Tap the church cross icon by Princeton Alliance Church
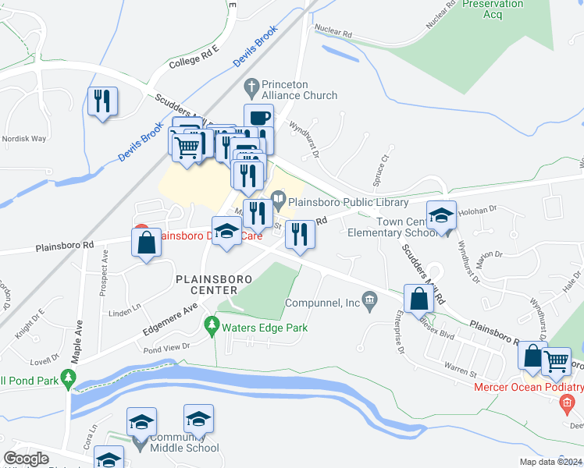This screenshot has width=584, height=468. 251,85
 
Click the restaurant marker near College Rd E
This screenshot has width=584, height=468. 102,101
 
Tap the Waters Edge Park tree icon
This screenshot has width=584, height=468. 210,323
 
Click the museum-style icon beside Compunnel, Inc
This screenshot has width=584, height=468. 370,300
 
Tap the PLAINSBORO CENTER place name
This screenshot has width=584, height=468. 212,285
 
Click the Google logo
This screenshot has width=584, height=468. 27,459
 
